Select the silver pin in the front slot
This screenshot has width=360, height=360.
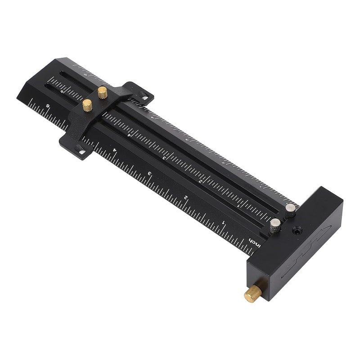275,224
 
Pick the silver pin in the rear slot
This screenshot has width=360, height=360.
291,209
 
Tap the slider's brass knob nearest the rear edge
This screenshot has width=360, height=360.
103,93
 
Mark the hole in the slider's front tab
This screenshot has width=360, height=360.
81,152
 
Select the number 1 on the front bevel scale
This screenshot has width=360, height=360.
224,222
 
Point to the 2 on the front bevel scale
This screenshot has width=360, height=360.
185,197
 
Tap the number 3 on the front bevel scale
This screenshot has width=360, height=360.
149,173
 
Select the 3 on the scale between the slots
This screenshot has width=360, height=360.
164,158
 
